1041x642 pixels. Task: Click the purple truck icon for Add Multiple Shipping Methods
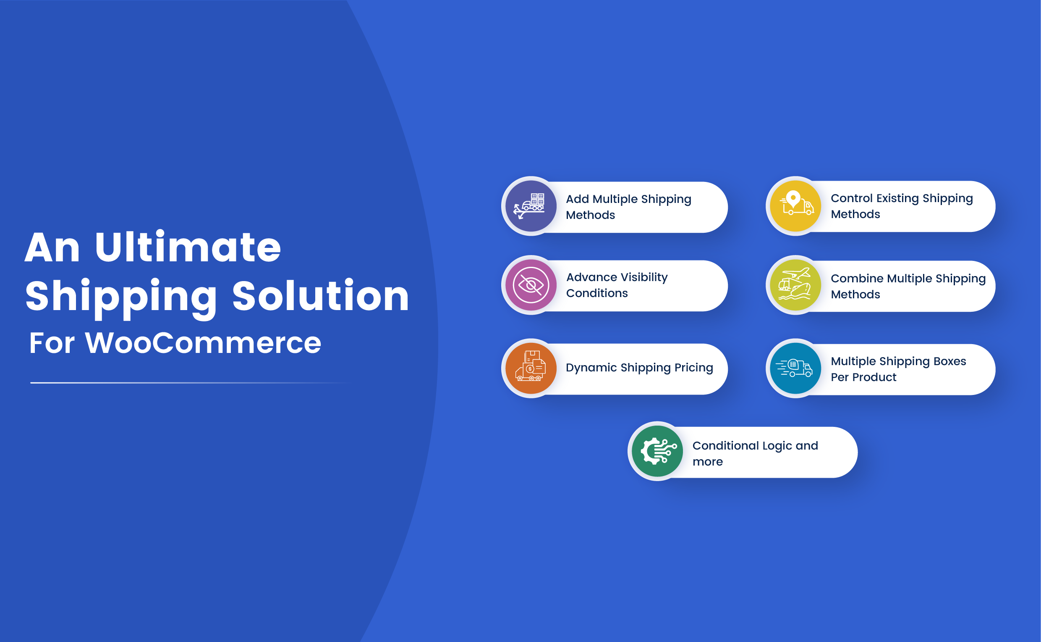click(531, 206)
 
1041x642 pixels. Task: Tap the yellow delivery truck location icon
click(795, 206)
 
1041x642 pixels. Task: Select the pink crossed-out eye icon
click(531, 285)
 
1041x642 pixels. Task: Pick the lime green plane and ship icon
click(795, 285)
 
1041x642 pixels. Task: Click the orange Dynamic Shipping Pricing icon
click(531, 368)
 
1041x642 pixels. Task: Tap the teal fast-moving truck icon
click(795, 368)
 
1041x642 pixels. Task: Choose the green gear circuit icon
click(657, 451)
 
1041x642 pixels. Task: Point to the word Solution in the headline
click(320, 296)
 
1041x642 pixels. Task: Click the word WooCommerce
click(203, 343)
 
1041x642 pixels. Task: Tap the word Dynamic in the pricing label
click(591, 368)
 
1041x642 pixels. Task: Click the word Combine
click(857, 279)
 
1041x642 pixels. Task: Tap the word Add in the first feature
click(577, 199)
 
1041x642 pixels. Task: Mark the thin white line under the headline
click(187, 383)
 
